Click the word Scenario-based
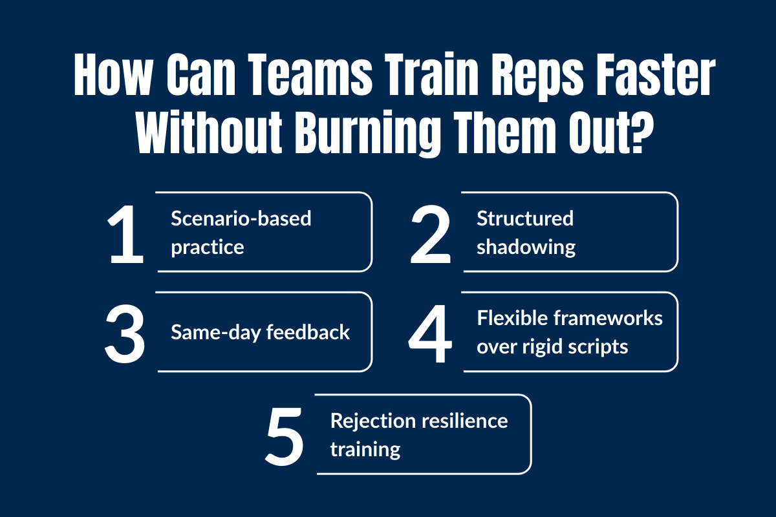tap(241, 218)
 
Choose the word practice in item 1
tap(208, 247)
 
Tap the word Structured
tap(525, 218)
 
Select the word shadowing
tap(526, 247)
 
